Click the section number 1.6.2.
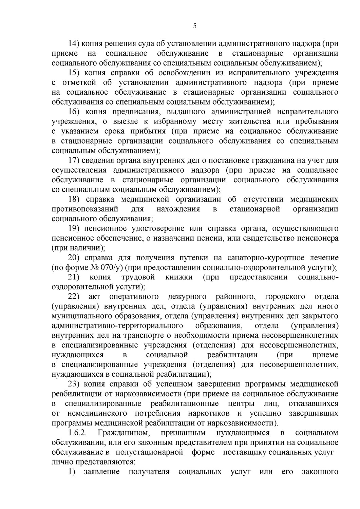tap(78, 433)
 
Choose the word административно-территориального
tap(116, 326)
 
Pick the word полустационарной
tap(149, 453)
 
